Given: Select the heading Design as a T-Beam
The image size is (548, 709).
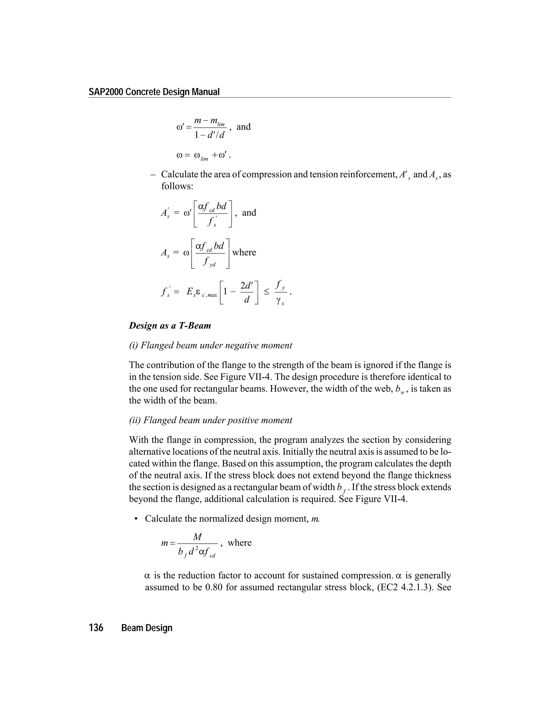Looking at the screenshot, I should click(x=170, y=326).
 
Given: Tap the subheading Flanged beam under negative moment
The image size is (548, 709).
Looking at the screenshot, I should click(x=210, y=345).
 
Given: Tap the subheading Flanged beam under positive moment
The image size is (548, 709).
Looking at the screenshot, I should click(x=210, y=420).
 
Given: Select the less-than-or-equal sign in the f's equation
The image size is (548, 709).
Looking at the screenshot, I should click(x=266, y=292).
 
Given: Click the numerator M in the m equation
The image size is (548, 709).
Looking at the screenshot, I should click(x=197, y=537).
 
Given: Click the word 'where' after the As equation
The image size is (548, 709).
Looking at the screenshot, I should click(x=244, y=252).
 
